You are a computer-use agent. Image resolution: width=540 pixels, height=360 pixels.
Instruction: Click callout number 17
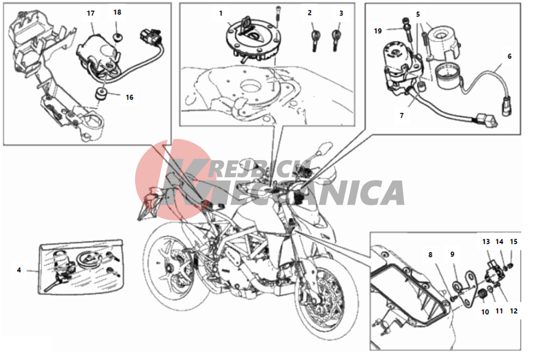click(91, 13)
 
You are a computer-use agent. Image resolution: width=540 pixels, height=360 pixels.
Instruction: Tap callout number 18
click(117, 12)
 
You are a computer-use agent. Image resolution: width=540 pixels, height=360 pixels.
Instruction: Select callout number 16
click(130, 97)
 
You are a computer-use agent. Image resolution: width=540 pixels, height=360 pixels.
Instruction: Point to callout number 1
click(221, 13)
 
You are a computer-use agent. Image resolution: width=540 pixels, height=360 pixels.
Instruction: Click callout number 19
click(378, 31)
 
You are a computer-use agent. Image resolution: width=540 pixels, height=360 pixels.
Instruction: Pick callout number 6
click(510, 56)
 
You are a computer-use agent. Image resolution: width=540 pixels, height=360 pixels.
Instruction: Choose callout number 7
click(402, 116)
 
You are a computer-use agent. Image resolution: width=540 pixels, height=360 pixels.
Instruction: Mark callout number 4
click(19, 270)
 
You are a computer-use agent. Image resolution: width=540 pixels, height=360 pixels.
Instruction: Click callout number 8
click(430, 255)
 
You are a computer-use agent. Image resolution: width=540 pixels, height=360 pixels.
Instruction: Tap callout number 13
click(486, 242)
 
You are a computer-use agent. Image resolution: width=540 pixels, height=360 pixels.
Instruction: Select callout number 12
click(513, 311)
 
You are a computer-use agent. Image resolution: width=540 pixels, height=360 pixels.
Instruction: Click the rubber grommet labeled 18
click(118, 38)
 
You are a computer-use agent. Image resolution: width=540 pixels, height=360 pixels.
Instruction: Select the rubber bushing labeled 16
click(101, 94)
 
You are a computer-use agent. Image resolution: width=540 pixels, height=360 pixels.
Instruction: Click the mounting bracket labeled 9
click(467, 289)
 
